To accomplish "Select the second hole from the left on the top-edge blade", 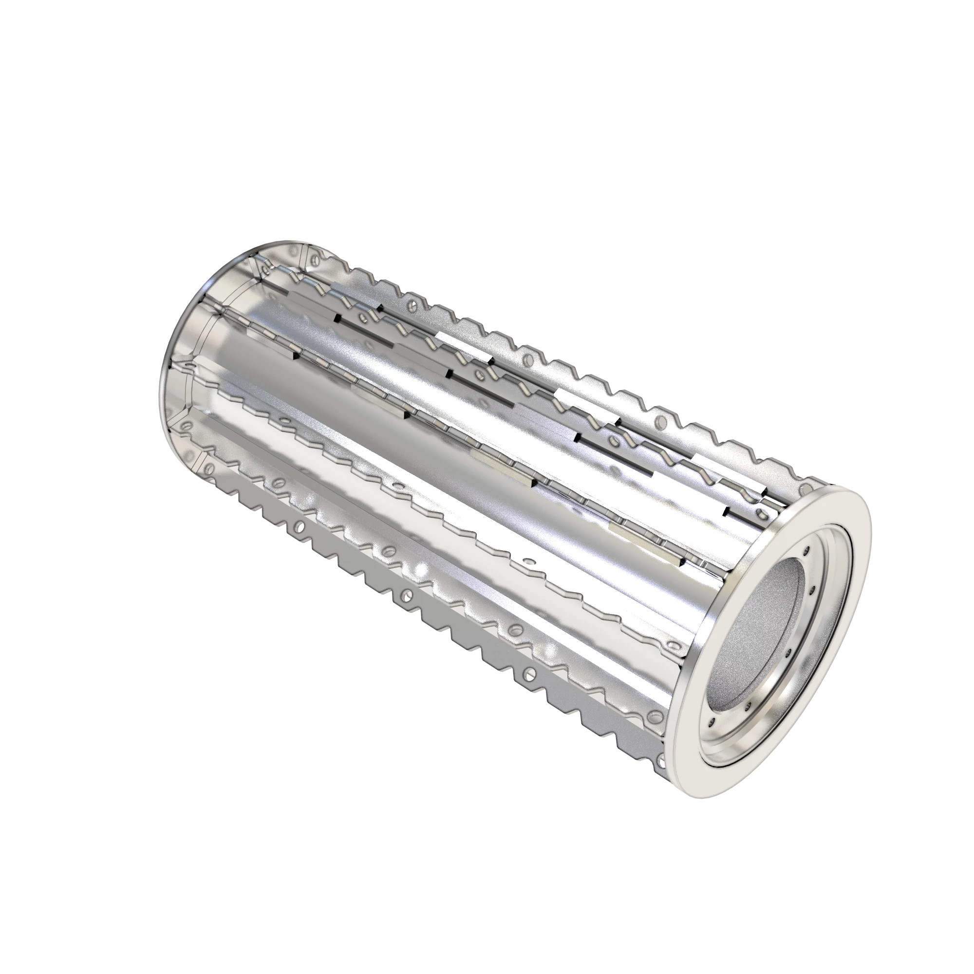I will [x=413, y=304].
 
